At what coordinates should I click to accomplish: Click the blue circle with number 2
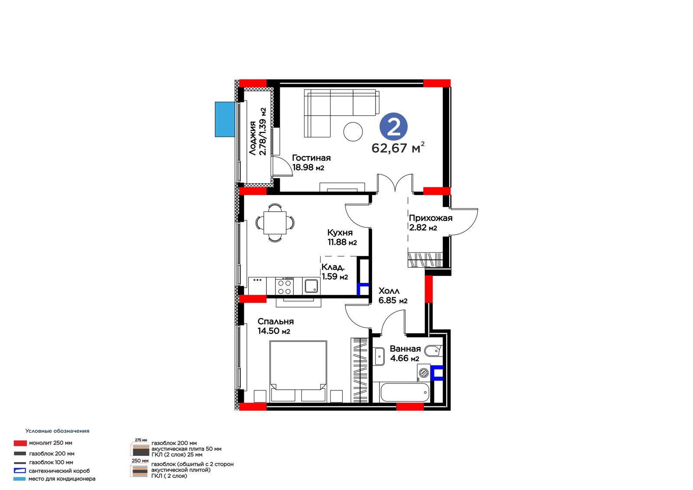click(x=394, y=127)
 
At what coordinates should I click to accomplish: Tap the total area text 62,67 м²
click(x=398, y=148)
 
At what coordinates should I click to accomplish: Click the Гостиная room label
click(x=311, y=158)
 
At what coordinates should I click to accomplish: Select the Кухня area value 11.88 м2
click(x=342, y=242)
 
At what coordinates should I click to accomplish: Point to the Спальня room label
click(x=275, y=321)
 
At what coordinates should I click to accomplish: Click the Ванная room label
click(x=405, y=349)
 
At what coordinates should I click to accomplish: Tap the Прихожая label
click(x=431, y=218)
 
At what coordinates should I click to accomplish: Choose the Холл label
click(x=389, y=291)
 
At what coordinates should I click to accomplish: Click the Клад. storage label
click(x=333, y=267)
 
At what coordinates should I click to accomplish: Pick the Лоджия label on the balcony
click(x=253, y=138)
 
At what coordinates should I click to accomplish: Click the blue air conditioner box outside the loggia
click(x=225, y=120)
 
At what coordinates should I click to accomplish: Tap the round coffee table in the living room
click(x=353, y=132)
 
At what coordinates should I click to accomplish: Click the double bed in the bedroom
click(x=298, y=371)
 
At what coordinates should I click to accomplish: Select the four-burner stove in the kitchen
click(x=285, y=287)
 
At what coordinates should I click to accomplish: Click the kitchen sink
click(x=311, y=286)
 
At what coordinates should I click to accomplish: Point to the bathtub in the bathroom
click(x=405, y=392)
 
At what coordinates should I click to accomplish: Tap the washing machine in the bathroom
click(x=424, y=373)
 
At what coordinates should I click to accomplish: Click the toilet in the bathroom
click(x=434, y=351)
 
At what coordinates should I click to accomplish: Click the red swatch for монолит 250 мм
click(x=20, y=443)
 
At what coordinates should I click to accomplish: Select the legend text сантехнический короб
click(x=59, y=471)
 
